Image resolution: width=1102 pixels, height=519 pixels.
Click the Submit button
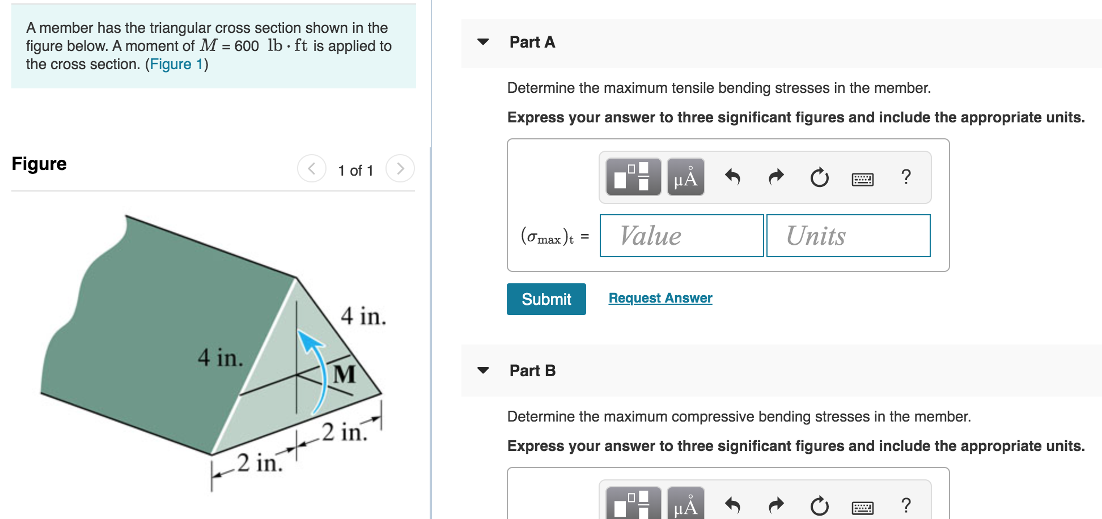pos(546,299)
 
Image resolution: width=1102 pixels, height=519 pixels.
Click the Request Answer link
pos(660,298)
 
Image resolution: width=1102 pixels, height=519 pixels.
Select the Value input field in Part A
pos(681,236)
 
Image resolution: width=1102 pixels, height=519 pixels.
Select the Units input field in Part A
pos(848,236)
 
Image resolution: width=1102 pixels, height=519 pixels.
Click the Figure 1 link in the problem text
pos(176,64)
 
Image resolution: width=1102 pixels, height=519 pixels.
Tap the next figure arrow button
pos(400,169)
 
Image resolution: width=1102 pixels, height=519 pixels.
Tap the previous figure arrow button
pos(312,169)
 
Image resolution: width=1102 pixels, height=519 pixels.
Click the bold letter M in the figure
pos(344,375)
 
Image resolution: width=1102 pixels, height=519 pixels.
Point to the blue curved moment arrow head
pos(307,338)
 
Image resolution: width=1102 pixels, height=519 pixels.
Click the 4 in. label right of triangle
pos(363,316)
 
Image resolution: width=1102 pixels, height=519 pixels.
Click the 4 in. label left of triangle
pos(220,358)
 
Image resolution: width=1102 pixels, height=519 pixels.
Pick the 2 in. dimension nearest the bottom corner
pos(260,463)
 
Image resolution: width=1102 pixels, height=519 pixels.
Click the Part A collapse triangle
pos(483,42)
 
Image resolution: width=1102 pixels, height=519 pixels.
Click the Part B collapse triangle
pos(483,371)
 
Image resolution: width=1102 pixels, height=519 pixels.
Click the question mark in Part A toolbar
pos(906,177)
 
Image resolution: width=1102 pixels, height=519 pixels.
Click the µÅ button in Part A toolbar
pos(685,177)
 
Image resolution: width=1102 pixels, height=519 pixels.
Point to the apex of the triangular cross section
pos(296,278)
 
